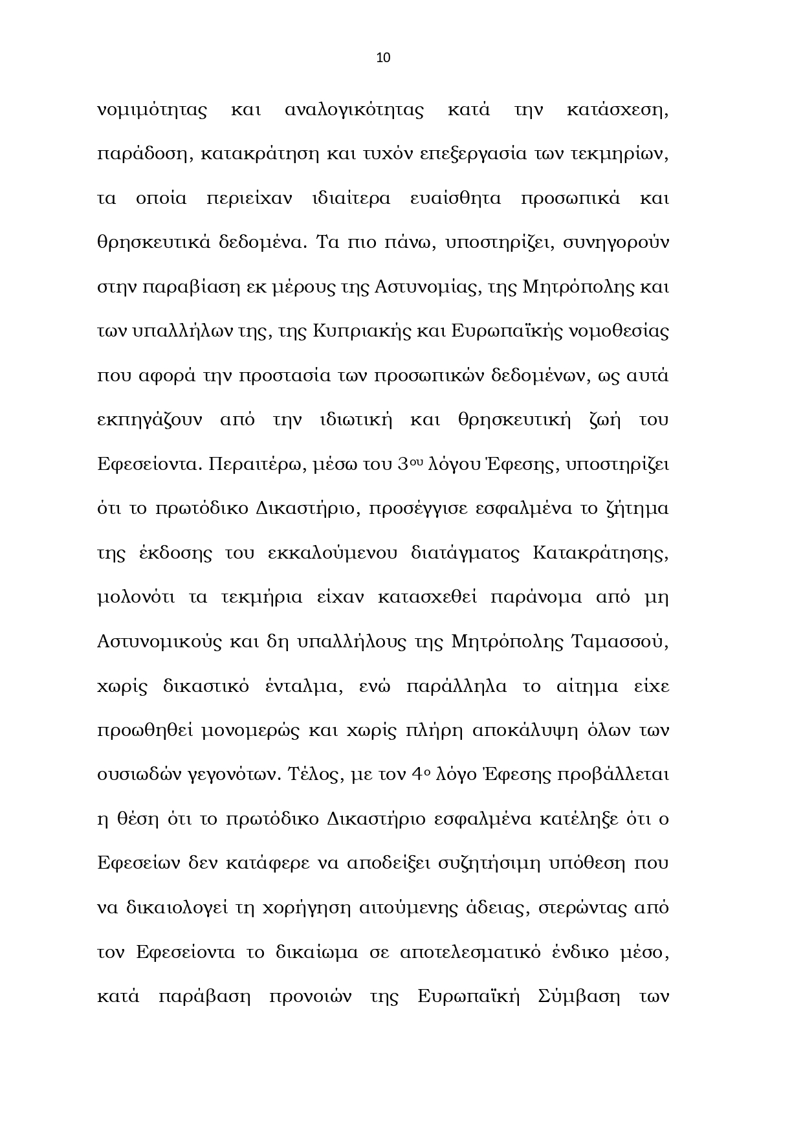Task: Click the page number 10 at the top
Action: pos(383,58)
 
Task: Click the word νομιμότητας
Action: pos(151,110)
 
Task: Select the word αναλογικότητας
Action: pos(354,110)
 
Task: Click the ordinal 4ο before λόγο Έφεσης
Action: pos(420,774)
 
